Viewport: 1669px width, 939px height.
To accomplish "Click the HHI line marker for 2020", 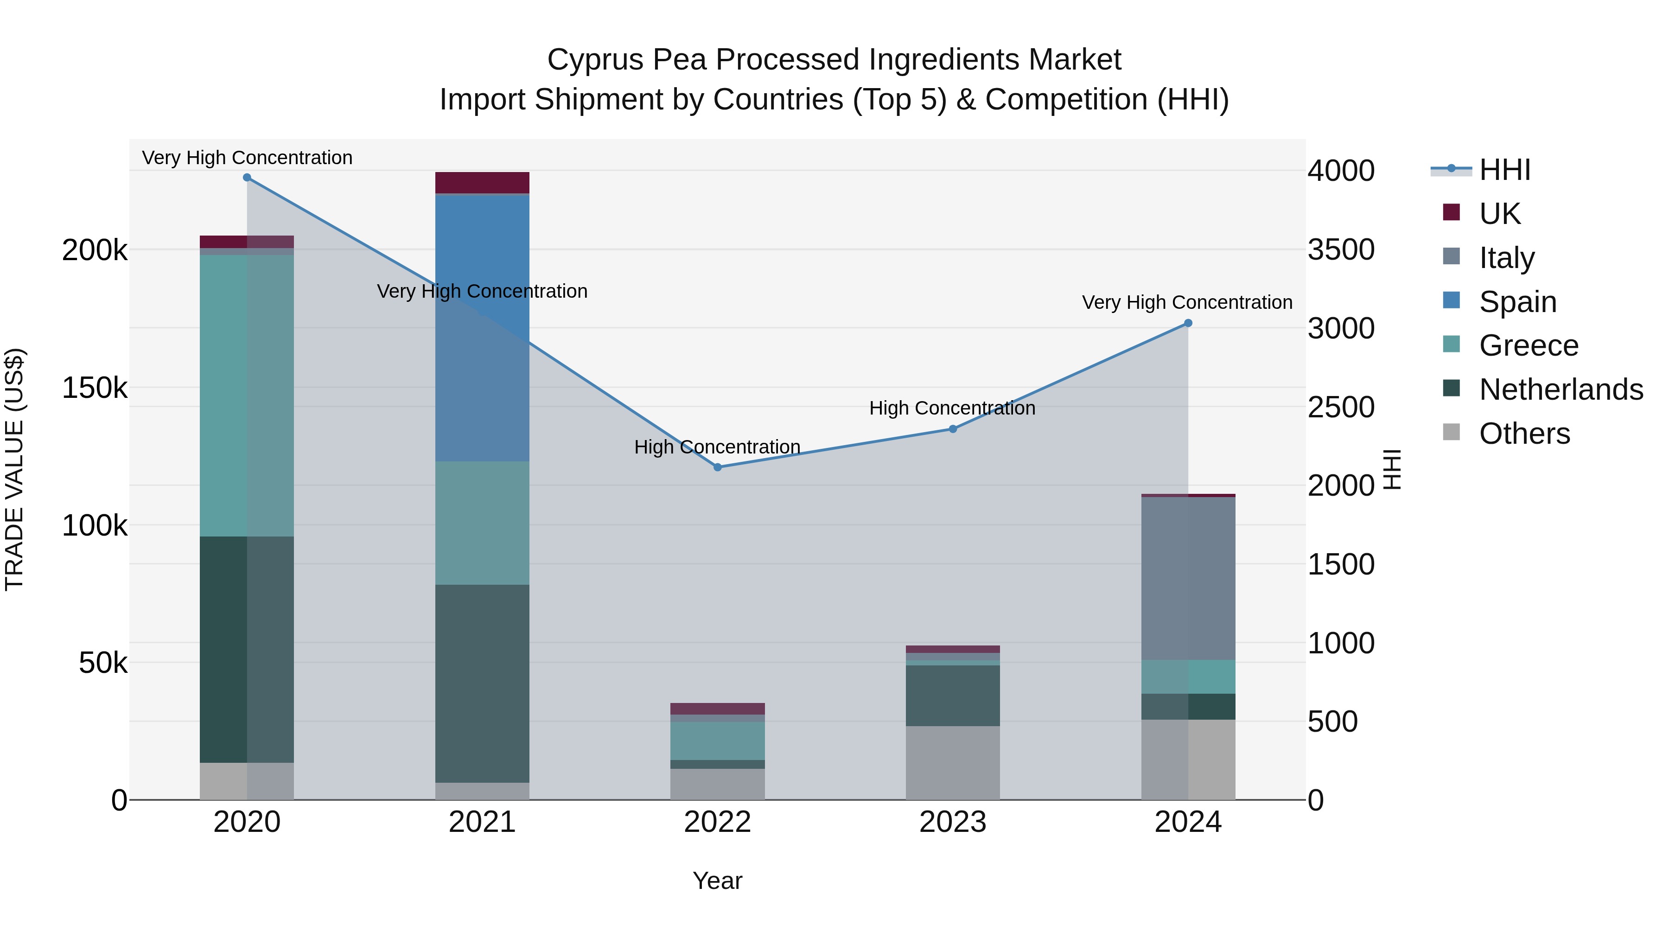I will click(247, 178).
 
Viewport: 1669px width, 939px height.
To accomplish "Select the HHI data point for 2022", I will click(717, 467).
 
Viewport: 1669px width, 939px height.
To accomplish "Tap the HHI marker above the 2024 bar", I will click(1188, 323).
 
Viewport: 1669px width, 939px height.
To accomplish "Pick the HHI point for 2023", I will click(952, 429).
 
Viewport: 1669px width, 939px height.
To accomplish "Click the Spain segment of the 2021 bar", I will click(482, 327).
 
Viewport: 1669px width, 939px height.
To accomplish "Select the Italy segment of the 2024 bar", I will click(1188, 578).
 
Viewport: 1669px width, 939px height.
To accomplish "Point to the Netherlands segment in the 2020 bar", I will click(247, 649).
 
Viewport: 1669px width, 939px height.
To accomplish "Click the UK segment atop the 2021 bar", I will click(482, 183).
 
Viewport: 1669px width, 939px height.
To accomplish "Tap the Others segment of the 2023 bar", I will click(952, 763).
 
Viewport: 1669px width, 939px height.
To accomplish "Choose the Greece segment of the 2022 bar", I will click(717, 741).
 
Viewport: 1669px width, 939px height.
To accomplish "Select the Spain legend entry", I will click(1517, 302).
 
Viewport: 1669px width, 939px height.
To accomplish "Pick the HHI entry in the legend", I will click(1504, 170).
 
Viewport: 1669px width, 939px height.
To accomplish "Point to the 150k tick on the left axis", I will click(95, 388).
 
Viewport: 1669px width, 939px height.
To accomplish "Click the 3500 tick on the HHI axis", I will click(1340, 249).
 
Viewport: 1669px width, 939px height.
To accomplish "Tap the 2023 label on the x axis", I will click(952, 822).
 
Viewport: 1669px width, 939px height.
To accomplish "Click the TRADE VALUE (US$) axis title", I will click(14, 469).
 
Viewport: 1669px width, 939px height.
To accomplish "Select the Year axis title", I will click(717, 881).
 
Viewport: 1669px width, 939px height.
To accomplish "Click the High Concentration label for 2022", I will click(717, 447).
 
